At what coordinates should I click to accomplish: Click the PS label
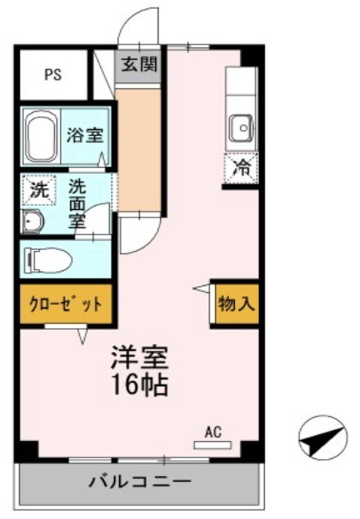coord(53,75)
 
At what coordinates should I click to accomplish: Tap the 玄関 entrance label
coord(139,64)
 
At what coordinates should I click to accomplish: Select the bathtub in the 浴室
coord(41,136)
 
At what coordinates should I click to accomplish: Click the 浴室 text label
coord(85,135)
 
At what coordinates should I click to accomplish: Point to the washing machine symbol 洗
coord(39,190)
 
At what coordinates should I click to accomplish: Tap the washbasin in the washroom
coord(32,221)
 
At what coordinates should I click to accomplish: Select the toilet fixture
coord(48,259)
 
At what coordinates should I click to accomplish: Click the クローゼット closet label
coord(66,304)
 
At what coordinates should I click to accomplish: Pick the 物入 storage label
coord(237,303)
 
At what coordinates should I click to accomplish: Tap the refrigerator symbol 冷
coord(241,169)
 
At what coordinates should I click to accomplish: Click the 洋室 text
coord(140,358)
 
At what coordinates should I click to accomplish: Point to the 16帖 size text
coord(140,385)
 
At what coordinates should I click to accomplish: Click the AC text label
coord(213,432)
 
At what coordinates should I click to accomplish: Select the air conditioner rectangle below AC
coord(213,445)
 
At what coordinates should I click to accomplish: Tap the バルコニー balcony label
coord(140,481)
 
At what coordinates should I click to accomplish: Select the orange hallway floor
coord(138,149)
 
